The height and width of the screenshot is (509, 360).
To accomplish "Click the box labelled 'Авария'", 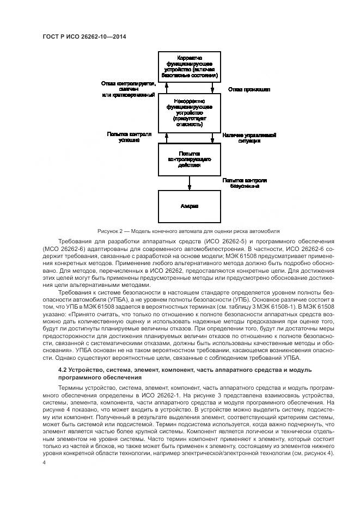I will click(189, 206).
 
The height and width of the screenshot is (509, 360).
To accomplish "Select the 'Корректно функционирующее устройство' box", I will click(189, 67).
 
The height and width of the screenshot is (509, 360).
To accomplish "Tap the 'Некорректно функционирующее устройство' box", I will click(189, 112).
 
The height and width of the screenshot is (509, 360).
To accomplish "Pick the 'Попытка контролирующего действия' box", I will click(189, 159).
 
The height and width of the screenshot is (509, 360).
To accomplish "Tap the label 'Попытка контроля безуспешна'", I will click(244, 183).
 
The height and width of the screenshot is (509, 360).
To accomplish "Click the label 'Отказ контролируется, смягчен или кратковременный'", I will click(128, 89).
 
